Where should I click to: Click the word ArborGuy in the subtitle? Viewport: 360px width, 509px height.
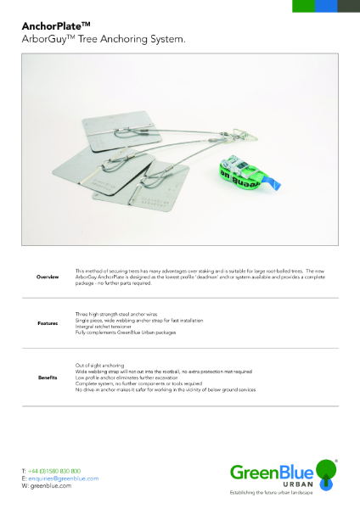pyautogui.click(x=43, y=39)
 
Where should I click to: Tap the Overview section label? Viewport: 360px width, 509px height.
pyautogui.click(x=48, y=277)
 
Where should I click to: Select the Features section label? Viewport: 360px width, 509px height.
pyautogui.click(x=48, y=324)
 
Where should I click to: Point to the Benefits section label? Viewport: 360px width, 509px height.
pyautogui.click(x=48, y=376)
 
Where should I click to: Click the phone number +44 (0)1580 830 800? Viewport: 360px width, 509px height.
pyautogui.click(x=55, y=470)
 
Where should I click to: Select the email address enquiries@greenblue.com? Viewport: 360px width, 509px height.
pyautogui.click(x=64, y=478)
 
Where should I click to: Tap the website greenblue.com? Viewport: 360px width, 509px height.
pyautogui.click(x=52, y=486)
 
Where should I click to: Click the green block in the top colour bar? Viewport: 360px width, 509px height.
pyautogui.click(x=303, y=5)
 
